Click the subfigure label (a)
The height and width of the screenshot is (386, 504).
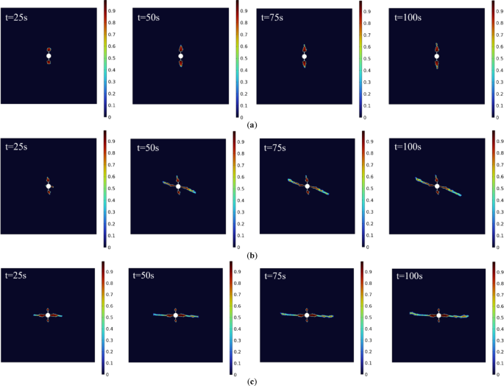point(253,126)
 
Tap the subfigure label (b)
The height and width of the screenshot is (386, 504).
point(253,255)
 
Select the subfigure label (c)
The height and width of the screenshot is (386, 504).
point(253,381)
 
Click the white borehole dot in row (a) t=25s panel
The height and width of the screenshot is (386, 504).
point(49,56)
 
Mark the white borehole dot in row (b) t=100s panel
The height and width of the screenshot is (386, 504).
point(437,186)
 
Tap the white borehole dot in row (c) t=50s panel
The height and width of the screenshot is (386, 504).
point(176,315)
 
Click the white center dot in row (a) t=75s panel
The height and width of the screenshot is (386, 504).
point(304,56)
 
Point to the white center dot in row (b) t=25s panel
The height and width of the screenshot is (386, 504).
point(49,186)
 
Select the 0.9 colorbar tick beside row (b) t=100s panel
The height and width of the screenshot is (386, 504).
point(499,140)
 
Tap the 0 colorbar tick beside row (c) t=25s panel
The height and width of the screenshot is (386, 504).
point(107,374)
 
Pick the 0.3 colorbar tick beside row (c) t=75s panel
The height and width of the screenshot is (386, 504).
point(368,340)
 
